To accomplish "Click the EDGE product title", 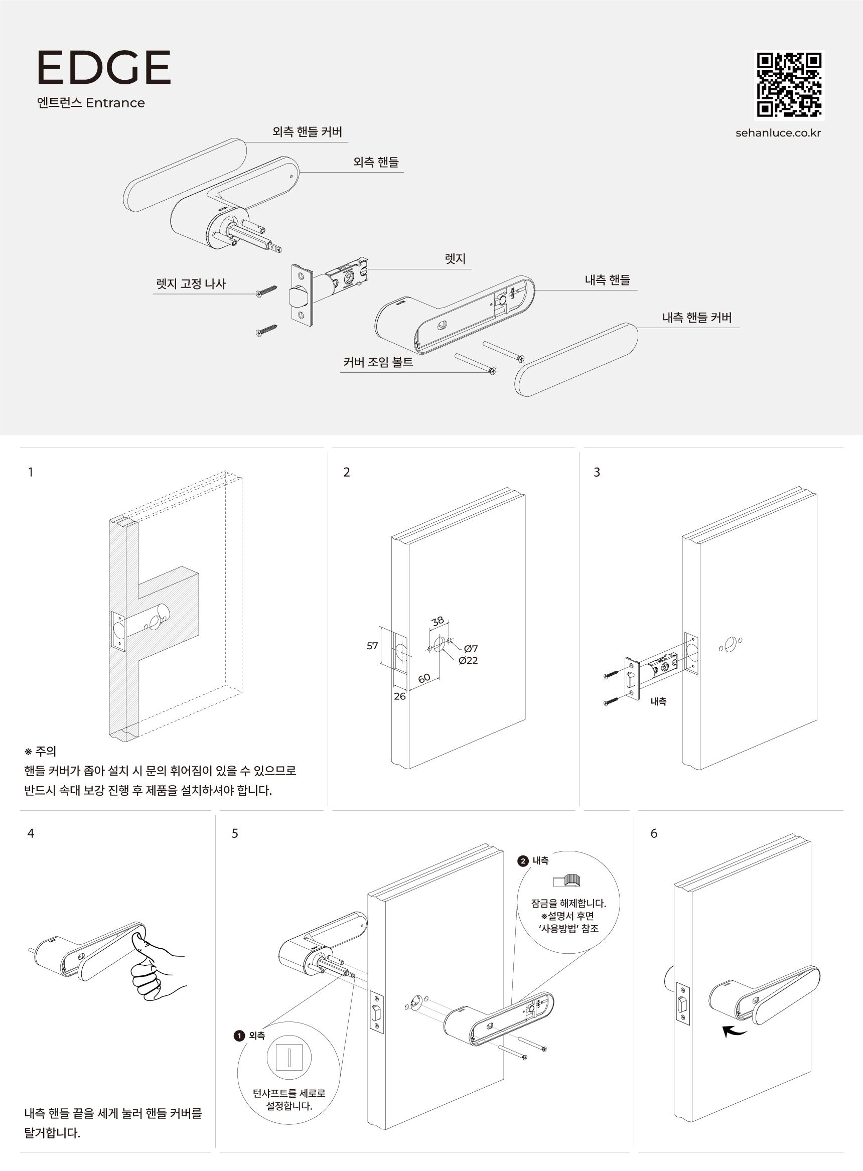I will pyautogui.click(x=103, y=67).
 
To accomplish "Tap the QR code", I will pyautogui.click(x=789, y=85).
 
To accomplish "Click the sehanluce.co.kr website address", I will pyautogui.click(x=778, y=132).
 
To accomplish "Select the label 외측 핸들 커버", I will pyautogui.click(x=307, y=131).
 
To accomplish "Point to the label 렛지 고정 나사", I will pyautogui.click(x=191, y=283).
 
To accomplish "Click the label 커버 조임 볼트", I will pyautogui.click(x=378, y=362).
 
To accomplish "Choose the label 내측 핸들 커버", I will pyautogui.click(x=696, y=318).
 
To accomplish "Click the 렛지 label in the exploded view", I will pyautogui.click(x=455, y=258).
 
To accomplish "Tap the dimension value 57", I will pyautogui.click(x=372, y=646).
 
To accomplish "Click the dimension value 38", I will pyautogui.click(x=438, y=621).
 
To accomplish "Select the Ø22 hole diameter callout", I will pyautogui.click(x=468, y=661).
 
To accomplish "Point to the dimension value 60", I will pyautogui.click(x=423, y=678).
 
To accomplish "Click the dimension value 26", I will pyautogui.click(x=399, y=696).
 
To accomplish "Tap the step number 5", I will pyautogui.click(x=234, y=833).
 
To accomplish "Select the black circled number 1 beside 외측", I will pyautogui.click(x=239, y=1036).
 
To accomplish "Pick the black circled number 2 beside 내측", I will pyautogui.click(x=522, y=861).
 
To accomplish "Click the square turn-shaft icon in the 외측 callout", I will pyautogui.click(x=289, y=1057).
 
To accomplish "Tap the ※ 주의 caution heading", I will pyautogui.click(x=40, y=751).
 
